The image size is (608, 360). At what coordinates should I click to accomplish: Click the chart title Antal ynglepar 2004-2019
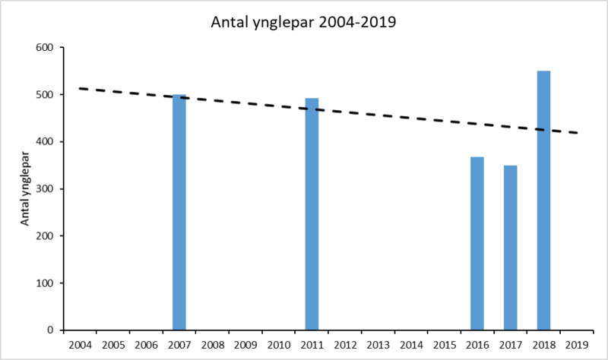point(304,22)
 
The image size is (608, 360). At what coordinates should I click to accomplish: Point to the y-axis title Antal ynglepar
point(24,189)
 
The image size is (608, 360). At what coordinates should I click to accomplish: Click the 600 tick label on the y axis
point(46,48)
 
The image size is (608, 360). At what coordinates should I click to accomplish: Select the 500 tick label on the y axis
point(46,95)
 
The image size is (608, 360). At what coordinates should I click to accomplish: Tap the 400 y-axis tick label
point(46,142)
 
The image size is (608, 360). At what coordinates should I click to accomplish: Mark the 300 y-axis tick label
point(46,189)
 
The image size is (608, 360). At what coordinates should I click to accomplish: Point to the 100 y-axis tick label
point(46,283)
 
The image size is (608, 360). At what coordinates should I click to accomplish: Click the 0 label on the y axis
point(51,330)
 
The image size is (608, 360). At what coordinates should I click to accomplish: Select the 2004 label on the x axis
point(80,346)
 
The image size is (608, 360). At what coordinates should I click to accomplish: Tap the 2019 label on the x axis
point(576,346)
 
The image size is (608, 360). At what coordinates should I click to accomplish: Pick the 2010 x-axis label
point(278,346)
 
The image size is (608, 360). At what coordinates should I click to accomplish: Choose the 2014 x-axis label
point(410,346)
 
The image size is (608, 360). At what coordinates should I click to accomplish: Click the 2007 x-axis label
point(179,346)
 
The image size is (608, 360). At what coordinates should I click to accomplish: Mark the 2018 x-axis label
point(543,346)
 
